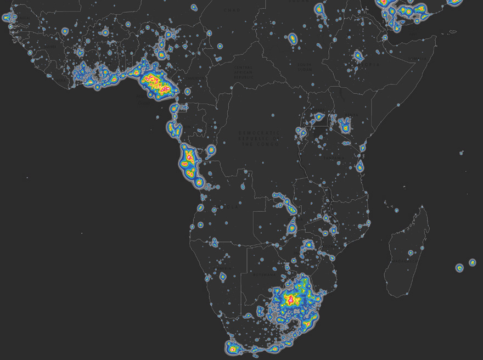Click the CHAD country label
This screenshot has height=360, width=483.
[x=232, y=10]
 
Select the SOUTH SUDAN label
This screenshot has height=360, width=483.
[x=305, y=67]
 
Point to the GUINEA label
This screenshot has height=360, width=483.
[x=52, y=46]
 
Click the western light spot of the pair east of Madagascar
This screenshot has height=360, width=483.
[x=459, y=268]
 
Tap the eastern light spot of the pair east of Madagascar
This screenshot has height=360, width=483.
[x=472, y=263]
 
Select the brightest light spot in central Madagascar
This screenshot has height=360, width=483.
[x=411, y=253]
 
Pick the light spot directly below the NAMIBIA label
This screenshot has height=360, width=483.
[x=223, y=277]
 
